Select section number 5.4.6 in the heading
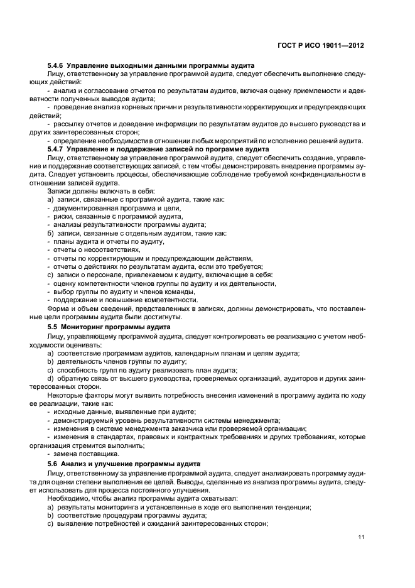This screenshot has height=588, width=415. tap(57, 66)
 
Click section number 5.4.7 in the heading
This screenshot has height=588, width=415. tap(57, 149)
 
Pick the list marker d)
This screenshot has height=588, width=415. tap(50, 378)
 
